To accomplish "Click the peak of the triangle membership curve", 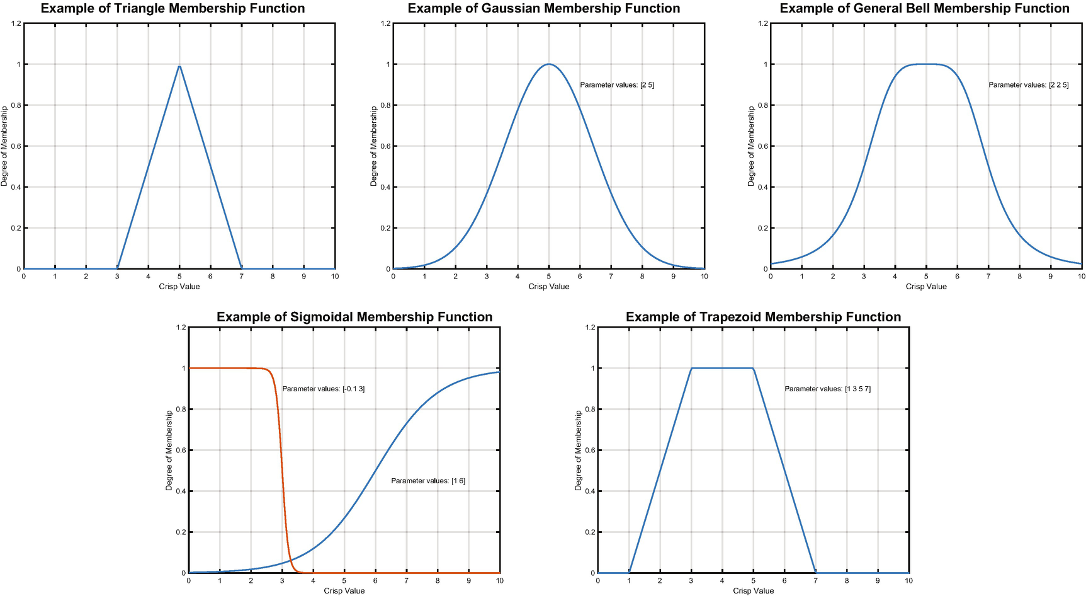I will point(179,66).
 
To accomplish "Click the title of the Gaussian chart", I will point(544,9).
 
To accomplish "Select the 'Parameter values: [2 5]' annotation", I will point(617,85).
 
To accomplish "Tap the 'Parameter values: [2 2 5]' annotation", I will point(1028,85).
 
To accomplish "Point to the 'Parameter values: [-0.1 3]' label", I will point(324,389).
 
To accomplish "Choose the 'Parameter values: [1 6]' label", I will point(428,481).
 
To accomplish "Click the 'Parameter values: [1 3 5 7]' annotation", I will point(827,389).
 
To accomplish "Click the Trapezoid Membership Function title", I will point(763,318).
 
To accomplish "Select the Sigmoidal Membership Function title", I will point(354,318).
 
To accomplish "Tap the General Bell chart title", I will point(924,9).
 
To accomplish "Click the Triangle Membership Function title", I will point(173,9).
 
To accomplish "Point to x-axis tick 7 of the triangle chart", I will point(241,277).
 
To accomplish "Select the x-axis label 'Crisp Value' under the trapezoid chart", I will point(753,591).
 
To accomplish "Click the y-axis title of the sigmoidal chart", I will point(169,450).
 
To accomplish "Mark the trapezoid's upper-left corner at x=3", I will point(691,369).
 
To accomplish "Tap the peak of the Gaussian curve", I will point(549,64).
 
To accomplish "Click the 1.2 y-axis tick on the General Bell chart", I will point(762,24).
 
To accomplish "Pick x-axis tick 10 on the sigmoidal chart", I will point(499,581).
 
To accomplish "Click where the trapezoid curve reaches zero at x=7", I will point(815,573).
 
